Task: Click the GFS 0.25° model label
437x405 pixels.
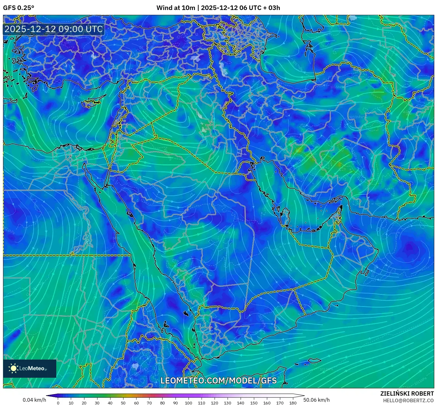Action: click(x=18, y=8)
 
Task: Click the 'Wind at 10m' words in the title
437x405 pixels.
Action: click(x=176, y=8)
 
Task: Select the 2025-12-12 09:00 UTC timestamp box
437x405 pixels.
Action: click(x=54, y=29)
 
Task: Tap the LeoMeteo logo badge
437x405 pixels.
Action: click(x=30, y=368)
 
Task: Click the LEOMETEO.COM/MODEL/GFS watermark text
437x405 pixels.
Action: click(x=218, y=380)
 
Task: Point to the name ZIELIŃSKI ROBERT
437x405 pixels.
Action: click(x=407, y=393)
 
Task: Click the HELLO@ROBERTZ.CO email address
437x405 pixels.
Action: click(x=408, y=400)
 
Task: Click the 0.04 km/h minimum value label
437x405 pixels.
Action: click(x=34, y=400)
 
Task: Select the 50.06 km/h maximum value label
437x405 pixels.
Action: click(x=317, y=400)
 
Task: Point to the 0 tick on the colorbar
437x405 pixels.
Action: click(x=58, y=403)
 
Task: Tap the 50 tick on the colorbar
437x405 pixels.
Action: click(x=123, y=403)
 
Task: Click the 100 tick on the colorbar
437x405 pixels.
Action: click(x=189, y=403)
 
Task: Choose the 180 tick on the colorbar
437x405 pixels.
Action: click(x=293, y=403)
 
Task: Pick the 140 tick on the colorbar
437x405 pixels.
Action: click(x=241, y=403)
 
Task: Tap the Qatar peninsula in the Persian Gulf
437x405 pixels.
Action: click(x=285, y=215)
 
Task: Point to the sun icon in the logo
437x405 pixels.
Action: click(x=13, y=368)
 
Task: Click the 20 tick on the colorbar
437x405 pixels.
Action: click(x=84, y=403)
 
